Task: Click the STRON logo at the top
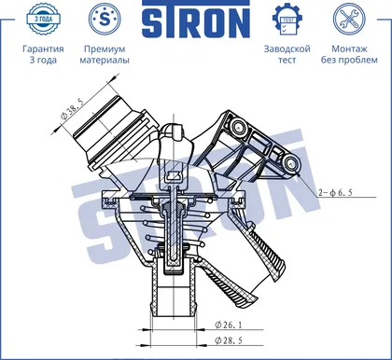(196, 20)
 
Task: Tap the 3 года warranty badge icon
(43, 20)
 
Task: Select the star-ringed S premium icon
(105, 20)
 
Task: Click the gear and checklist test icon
(287, 20)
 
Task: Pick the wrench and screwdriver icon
(349, 20)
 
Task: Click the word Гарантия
(43, 48)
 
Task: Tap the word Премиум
(105, 49)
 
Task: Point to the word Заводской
(287, 48)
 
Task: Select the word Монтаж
(349, 48)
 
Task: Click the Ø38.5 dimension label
(72, 110)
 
